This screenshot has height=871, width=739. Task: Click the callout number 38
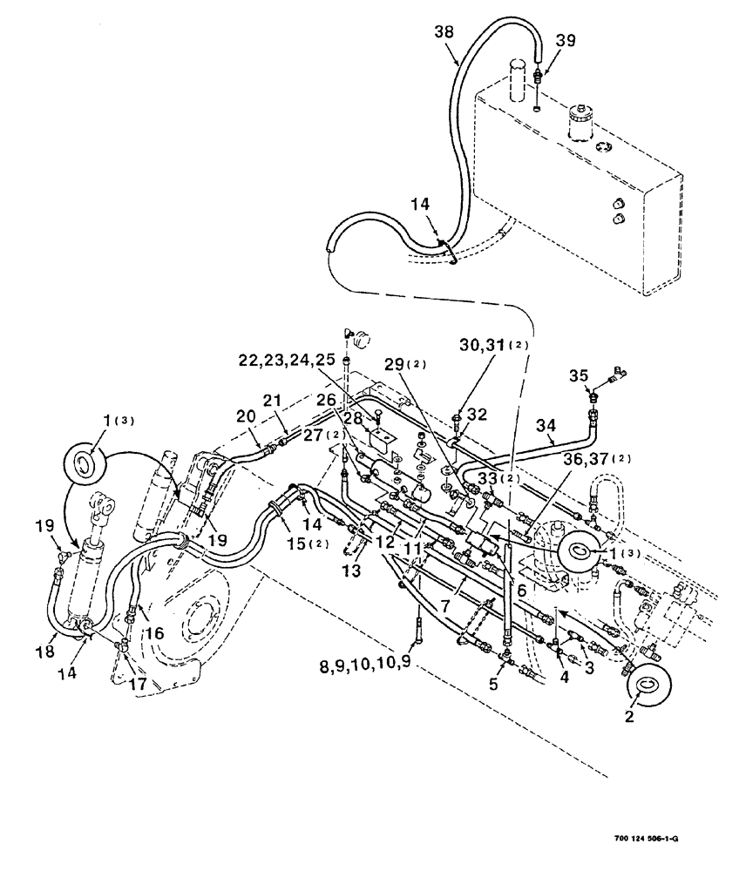445,30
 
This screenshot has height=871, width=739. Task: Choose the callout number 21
273,401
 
